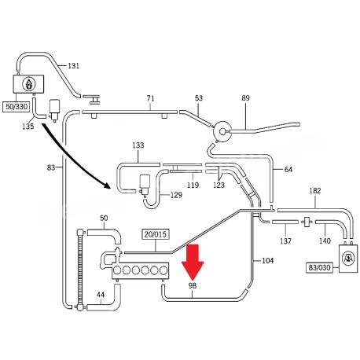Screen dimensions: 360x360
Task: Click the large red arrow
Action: pos(193,262)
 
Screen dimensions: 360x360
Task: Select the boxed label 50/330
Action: pos(17,107)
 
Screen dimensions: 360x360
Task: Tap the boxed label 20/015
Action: pos(156,234)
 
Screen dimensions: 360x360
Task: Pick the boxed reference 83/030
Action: pos(320,267)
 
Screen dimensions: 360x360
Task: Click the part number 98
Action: pos(193,285)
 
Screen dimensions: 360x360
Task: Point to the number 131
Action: pos(73,65)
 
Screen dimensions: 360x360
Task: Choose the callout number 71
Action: pos(150,98)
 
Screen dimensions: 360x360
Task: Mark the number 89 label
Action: pos(245,98)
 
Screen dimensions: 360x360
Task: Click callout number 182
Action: pos(315,190)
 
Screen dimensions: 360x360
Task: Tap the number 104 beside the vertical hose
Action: pos(268,260)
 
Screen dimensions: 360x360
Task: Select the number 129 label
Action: pos(176,195)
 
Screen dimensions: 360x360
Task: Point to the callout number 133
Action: pos(138,145)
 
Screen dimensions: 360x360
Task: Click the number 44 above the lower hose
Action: pos(101,295)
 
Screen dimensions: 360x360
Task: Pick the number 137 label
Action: pos(285,241)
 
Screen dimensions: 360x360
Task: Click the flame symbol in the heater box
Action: pos(29,84)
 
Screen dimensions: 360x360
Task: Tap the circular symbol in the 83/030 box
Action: pos(348,259)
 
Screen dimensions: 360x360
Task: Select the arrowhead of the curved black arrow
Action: pos(107,185)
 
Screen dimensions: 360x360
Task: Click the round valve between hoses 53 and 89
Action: pos(222,131)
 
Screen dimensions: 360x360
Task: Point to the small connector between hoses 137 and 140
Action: pos(307,222)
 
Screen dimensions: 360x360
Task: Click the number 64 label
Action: pos(288,170)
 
